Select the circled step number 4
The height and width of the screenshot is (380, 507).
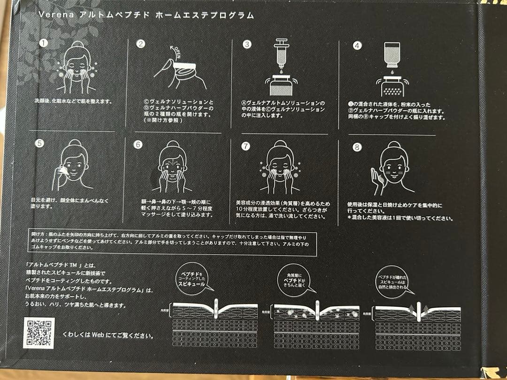click(x=357, y=46)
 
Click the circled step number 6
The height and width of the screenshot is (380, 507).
click(x=138, y=144)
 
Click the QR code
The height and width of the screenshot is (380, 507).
click(x=39, y=333)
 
